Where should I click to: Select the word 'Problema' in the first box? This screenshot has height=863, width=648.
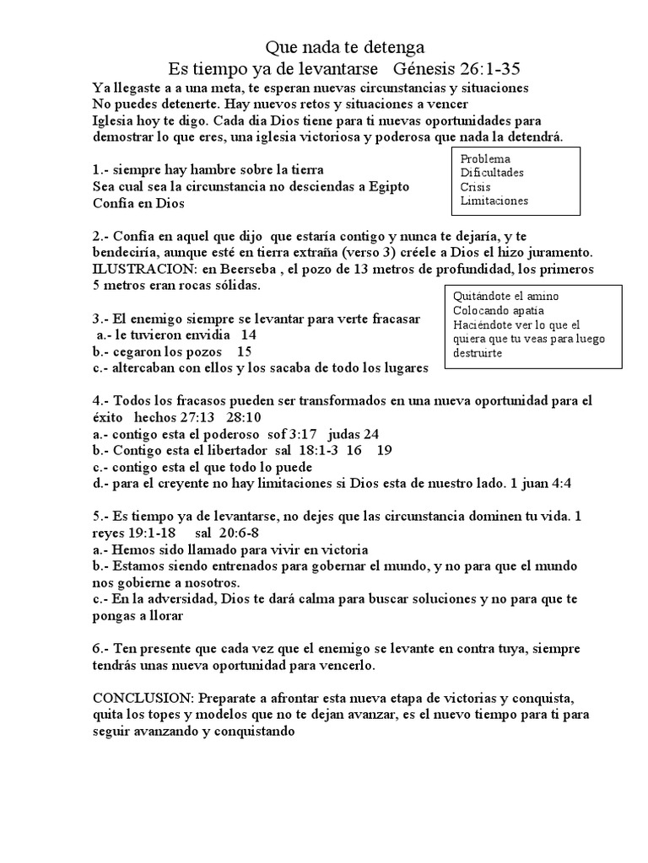[x=485, y=158]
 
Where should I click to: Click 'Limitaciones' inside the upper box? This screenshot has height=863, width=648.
[x=494, y=201]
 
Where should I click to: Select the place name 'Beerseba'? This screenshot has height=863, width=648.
[x=246, y=269]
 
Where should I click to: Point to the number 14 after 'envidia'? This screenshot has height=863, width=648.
[x=250, y=335]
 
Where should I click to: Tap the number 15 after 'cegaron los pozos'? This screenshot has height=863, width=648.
[x=245, y=351]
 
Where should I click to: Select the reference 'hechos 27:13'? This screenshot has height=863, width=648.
[x=166, y=417]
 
